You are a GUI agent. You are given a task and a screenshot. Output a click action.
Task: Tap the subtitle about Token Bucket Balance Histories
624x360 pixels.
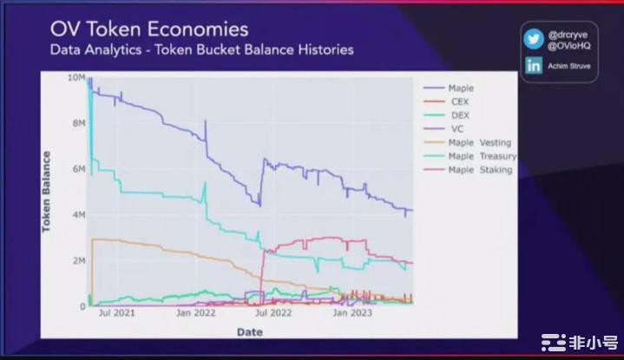tap(202, 49)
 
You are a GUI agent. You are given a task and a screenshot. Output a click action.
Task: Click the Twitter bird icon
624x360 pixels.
tap(534, 38)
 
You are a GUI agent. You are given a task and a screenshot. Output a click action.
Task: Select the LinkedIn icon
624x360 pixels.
tap(534, 65)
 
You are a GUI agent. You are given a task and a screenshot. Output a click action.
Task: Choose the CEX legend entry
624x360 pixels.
tap(459, 101)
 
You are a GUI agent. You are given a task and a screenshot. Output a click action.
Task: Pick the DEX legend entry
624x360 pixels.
tap(459, 115)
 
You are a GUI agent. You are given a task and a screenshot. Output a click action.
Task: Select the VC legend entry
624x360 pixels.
tap(457, 128)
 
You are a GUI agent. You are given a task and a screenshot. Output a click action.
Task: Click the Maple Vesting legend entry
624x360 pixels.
tap(479, 142)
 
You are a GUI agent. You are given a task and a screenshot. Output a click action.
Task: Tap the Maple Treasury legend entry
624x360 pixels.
tap(482, 156)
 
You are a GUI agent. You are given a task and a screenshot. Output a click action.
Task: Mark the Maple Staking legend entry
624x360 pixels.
tap(480, 170)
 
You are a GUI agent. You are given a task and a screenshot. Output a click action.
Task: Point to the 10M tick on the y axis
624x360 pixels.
tap(76, 78)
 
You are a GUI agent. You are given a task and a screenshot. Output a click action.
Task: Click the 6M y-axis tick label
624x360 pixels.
tap(78, 169)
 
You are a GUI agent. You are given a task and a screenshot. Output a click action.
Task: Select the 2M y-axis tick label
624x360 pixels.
tap(78, 260)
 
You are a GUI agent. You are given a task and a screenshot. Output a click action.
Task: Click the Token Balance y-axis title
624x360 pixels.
tap(46, 192)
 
